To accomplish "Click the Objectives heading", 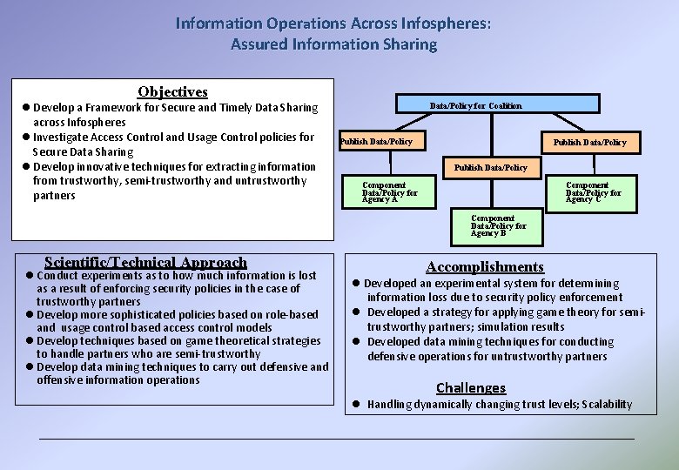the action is coord(172,91).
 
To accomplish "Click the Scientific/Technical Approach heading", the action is coord(145,262).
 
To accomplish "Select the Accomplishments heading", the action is coord(485,267).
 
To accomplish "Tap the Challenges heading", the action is coord(470,387).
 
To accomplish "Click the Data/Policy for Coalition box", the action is coord(475,105).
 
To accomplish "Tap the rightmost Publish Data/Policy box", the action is coord(589,142).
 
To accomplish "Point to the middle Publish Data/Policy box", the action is coord(490,167).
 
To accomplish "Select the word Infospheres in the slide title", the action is coord(440,23).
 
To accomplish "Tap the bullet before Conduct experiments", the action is coord(29,275).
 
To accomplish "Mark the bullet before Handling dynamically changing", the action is coord(356,404).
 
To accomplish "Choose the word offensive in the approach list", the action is coord(66,379).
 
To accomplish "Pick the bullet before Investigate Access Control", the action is coord(28,138).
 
